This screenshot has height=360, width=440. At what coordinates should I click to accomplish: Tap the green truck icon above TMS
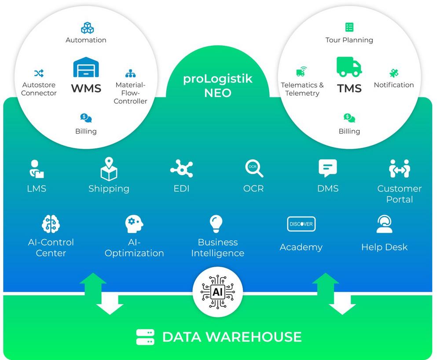click(349, 66)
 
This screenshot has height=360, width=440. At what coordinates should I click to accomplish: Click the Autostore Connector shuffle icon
click(39, 73)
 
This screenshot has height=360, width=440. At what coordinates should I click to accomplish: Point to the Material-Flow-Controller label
click(131, 93)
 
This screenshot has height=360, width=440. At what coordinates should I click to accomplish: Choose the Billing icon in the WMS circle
click(86, 118)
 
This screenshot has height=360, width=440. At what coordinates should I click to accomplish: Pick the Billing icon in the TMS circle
click(349, 118)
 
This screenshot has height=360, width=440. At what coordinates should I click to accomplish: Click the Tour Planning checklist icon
click(349, 27)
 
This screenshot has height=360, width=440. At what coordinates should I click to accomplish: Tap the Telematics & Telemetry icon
click(301, 71)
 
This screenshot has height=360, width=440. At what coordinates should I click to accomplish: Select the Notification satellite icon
click(394, 73)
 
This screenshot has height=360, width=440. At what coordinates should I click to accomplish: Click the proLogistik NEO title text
click(218, 86)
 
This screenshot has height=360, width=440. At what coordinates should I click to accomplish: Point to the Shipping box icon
click(109, 169)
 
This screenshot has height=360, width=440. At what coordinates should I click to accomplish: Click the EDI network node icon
click(181, 169)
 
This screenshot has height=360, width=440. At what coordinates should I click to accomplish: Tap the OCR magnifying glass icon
click(254, 169)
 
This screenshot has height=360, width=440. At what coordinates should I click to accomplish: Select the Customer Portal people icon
click(399, 169)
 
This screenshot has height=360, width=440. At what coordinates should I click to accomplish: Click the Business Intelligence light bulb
click(217, 224)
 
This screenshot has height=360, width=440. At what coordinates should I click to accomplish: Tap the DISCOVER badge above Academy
click(301, 224)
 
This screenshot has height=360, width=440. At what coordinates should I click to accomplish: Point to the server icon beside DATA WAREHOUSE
click(145, 337)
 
